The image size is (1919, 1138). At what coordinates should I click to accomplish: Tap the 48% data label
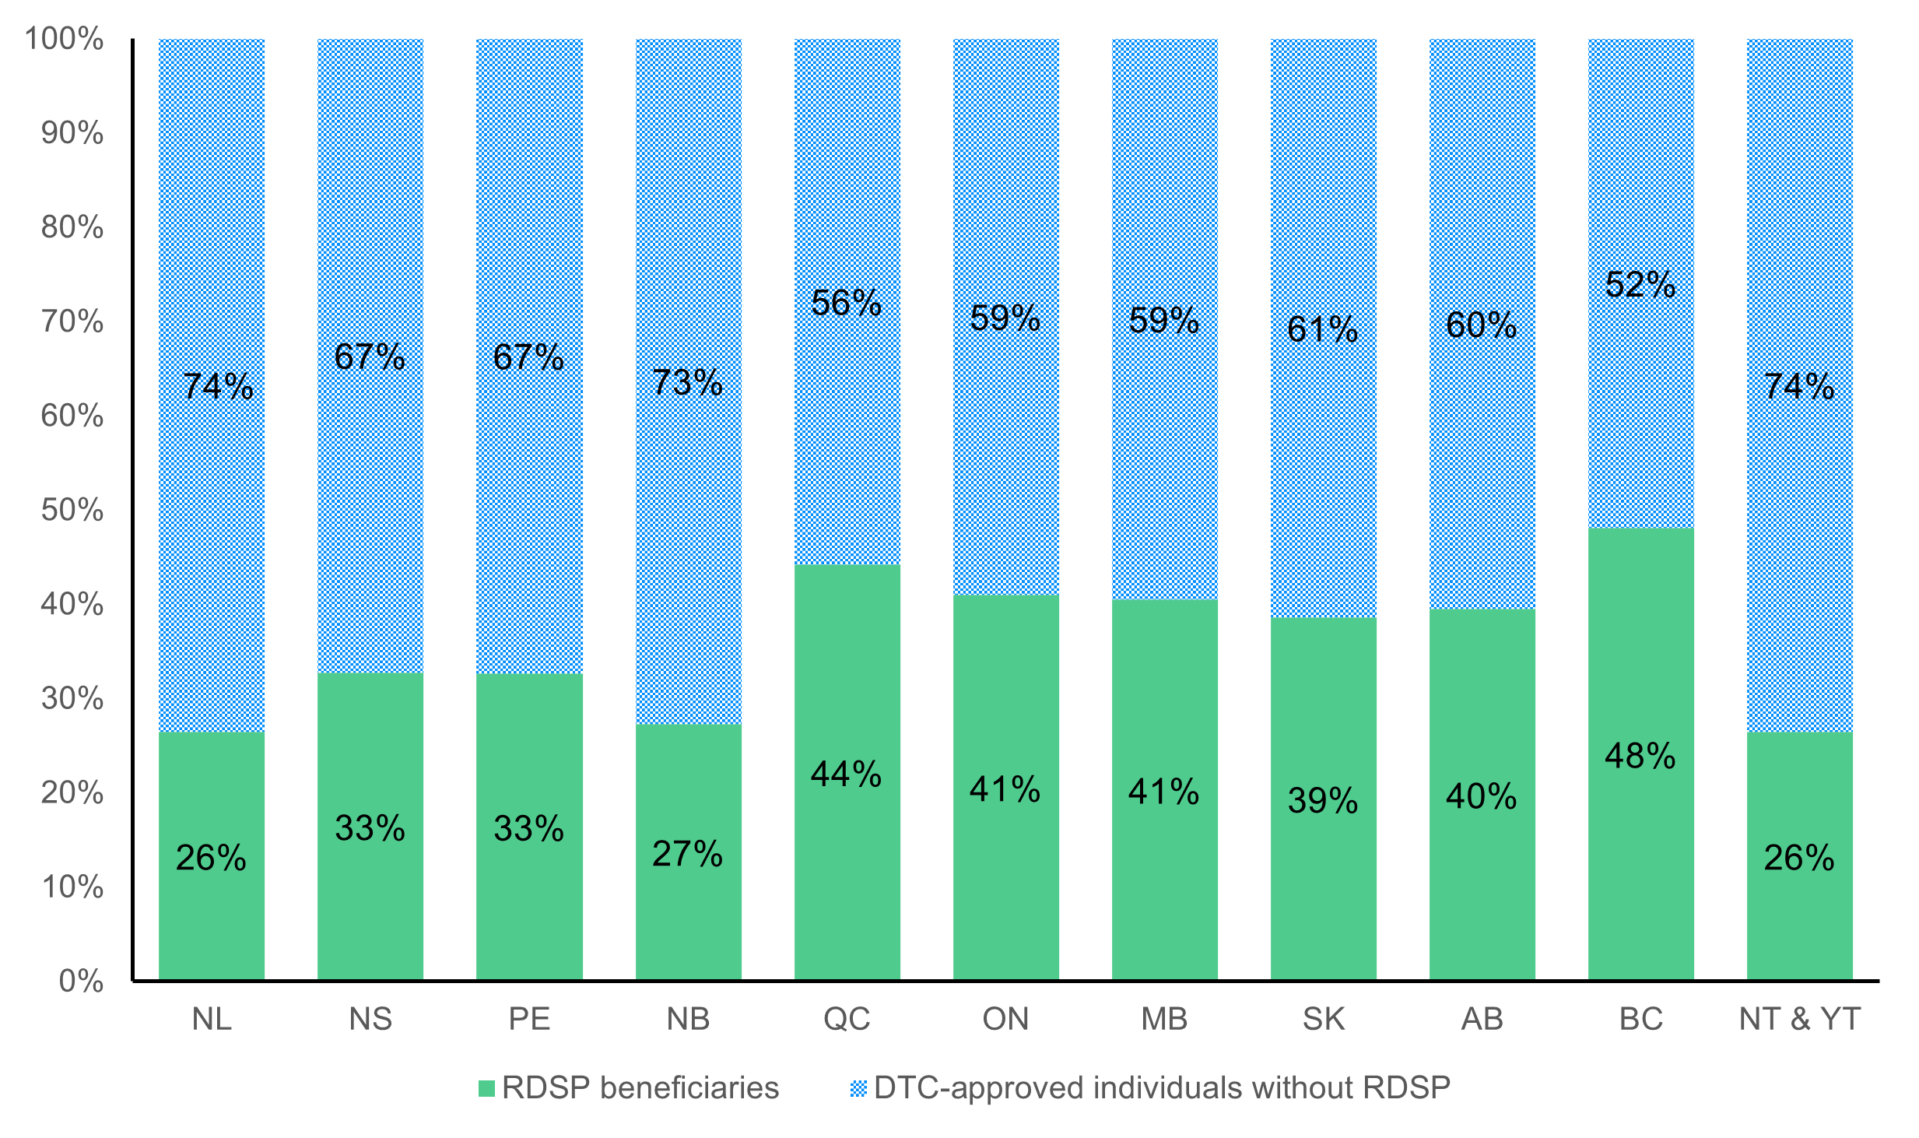click(x=1640, y=756)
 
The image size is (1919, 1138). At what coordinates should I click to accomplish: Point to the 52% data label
click(x=1640, y=284)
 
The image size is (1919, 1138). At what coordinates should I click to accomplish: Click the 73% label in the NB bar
click(x=687, y=382)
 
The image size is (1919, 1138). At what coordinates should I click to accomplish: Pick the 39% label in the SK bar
click(x=1322, y=800)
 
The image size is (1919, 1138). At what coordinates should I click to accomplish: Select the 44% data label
click(x=846, y=774)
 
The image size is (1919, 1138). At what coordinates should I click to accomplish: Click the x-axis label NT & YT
click(x=1799, y=1019)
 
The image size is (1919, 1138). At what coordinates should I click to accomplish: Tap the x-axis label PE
click(x=529, y=1019)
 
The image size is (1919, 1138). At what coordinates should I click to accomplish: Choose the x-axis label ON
click(x=1005, y=1019)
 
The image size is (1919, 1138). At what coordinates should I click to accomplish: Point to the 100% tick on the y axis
click(x=64, y=39)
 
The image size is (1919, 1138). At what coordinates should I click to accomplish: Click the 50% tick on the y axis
click(x=72, y=510)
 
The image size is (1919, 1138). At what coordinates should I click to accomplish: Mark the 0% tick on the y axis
click(x=81, y=981)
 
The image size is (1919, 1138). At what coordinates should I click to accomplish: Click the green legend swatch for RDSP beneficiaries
click(x=486, y=1088)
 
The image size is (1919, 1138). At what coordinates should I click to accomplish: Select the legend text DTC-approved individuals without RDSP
click(x=1162, y=1087)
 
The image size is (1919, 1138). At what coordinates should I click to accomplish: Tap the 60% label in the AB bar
click(x=1481, y=325)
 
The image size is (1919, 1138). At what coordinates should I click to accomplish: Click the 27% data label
click(x=687, y=853)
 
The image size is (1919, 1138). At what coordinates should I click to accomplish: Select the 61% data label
click(x=1322, y=329)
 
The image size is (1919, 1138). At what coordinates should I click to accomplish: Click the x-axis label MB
click(x=1164, y=1019)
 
